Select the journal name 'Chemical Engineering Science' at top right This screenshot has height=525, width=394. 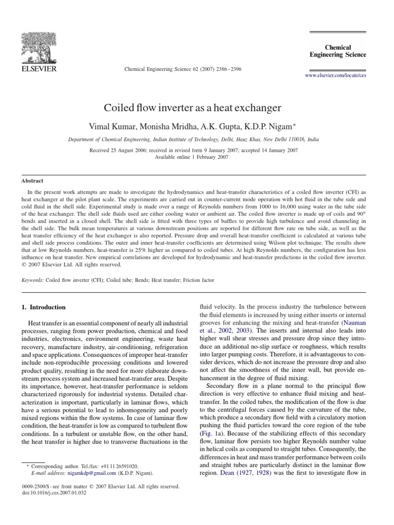(x=338, y=51)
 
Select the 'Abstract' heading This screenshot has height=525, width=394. (x=32, y=180)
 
